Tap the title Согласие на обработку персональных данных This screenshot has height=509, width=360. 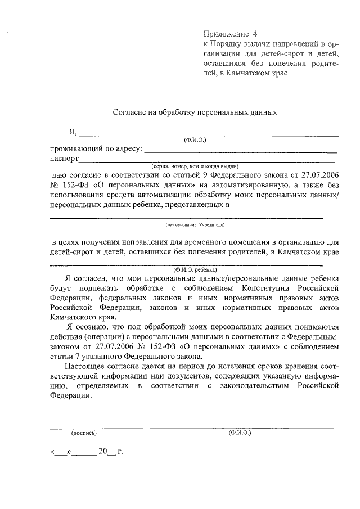click(195, 112)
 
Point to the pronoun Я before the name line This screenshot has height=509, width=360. click(71, 132)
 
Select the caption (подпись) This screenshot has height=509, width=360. click(84, 433)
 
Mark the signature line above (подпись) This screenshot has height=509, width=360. click(96, 428)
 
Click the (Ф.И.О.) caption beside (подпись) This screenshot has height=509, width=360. click(240, 433)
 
